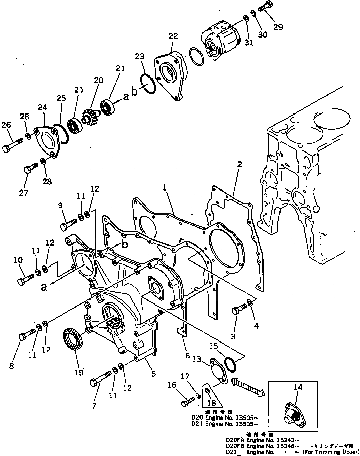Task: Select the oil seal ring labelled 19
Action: pos(73,340)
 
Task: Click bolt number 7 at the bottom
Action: pos(101,380)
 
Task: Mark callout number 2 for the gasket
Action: pos(239,165)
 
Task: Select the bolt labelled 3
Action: pos(238,310)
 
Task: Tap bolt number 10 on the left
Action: pos(25,279)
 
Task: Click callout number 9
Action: pos(60,206)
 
